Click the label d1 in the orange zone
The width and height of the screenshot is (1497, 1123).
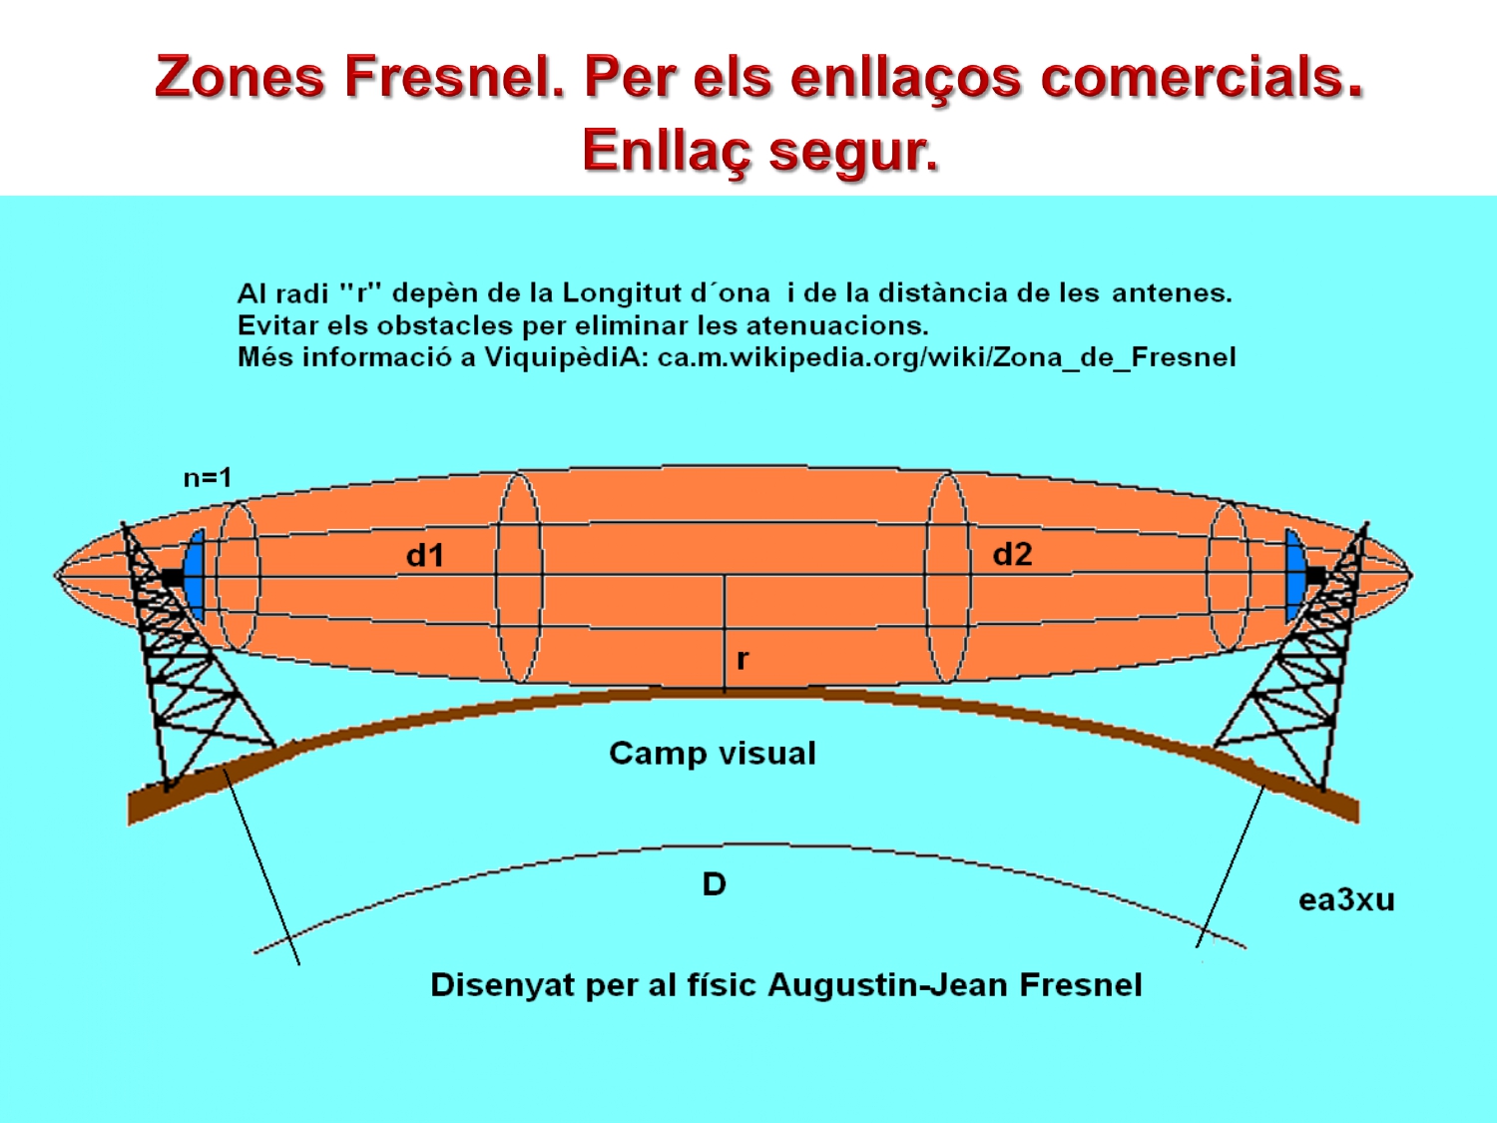tap(425, 556)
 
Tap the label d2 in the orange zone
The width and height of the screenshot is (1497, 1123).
tap(1012, 555)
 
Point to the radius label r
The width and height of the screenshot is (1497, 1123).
tap(742, 659)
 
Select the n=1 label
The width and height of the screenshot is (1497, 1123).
tap(208, 478)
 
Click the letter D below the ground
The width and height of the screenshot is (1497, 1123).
tap(714, 884)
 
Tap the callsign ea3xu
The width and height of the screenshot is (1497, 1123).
tap(1346, 900)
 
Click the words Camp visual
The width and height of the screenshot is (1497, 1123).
tap(713, 753)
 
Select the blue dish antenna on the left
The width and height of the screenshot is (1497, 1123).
tap(195, 575)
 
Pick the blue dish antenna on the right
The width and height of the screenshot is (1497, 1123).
tap(1294, 575)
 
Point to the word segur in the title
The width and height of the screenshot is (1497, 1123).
tap(854, 151)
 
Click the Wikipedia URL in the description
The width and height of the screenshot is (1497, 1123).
tap(946, 357)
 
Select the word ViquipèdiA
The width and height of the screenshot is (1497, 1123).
tap(566, 357)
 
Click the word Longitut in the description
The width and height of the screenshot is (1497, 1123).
tap(622, 293)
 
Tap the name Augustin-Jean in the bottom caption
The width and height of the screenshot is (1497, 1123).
tap(888, 985)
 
